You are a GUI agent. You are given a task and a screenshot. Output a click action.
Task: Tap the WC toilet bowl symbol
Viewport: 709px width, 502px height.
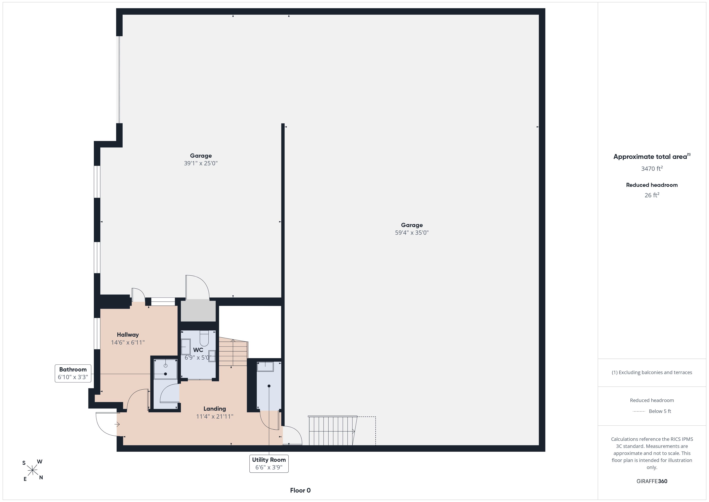coord(204,338)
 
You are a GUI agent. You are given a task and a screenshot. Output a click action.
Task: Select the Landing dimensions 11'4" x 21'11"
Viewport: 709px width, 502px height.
coord(215,416)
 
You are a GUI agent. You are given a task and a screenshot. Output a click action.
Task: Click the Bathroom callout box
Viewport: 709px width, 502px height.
coord(73,373)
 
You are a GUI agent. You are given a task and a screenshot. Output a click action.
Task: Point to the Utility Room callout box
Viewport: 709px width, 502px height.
coord(269,464)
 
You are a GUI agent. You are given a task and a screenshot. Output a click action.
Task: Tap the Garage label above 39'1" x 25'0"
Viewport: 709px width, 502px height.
coord(201,156)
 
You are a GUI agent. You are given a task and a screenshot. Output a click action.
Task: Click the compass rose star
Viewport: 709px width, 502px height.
coord(32,470)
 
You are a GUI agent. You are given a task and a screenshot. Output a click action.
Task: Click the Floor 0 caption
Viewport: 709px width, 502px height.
coord(300,490)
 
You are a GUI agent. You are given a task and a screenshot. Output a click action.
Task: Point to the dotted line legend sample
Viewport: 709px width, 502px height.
coord(639,411)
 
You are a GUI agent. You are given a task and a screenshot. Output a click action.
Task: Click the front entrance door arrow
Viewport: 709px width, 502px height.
coord(117,424)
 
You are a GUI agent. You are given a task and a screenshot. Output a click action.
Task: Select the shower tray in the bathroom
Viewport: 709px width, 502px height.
coord(166,369)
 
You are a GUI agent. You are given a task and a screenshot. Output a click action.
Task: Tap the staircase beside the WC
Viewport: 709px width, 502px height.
coord(233,352)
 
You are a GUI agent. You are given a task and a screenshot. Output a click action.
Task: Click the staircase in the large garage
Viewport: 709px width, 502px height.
coord(333,431)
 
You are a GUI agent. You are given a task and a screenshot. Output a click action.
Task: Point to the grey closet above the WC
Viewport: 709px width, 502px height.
coord(198,310)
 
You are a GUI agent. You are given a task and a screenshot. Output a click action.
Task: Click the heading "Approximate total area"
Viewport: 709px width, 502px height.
coord(650,157)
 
